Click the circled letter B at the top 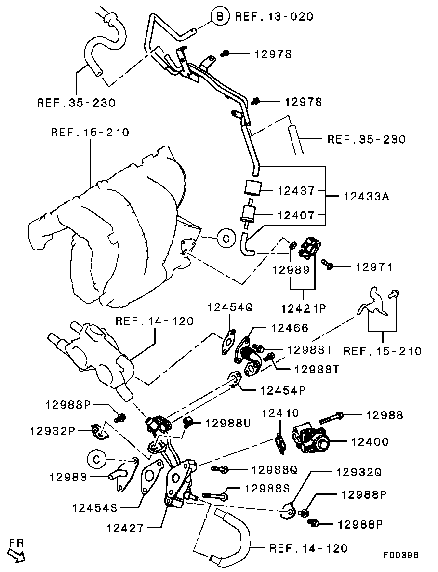pos(220,16)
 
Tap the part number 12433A pos(367,197)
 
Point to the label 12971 pos(375,266)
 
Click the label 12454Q pos(230,307)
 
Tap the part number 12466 pos(289,328)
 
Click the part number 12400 pos(370,441)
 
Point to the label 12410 pos(281,413)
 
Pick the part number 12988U pos(228,423)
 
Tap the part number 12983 pos(68,478)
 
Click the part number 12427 pos(125,528)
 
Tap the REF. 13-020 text pos(274,16)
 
